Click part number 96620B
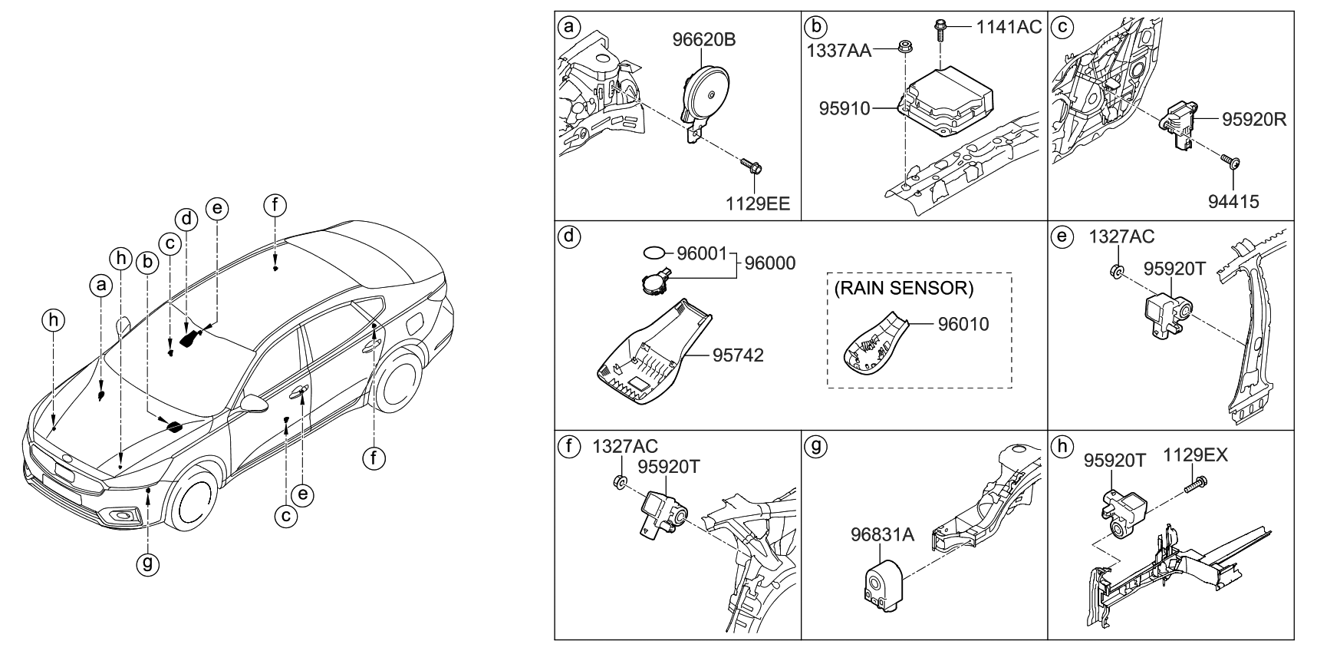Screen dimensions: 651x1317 704,39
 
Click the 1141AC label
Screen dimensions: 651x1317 1009,28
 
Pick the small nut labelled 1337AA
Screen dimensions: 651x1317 904,48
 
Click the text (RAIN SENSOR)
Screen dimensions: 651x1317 904,289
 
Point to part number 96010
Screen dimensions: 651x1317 963,324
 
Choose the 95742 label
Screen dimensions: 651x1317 738,355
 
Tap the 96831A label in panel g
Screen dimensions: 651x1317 882,534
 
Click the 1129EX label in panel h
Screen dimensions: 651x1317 1196,455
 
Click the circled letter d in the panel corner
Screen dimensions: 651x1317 568,234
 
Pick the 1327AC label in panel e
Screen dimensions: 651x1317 1121,237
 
